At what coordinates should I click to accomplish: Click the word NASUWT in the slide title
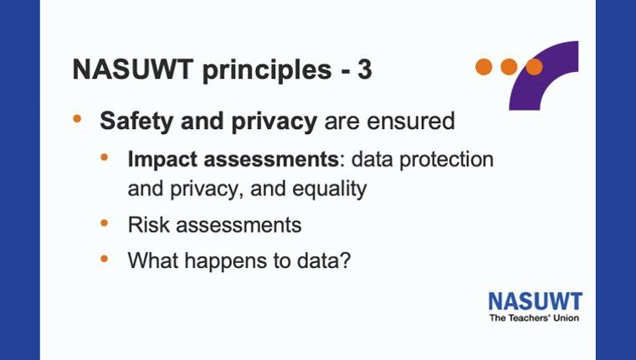132,69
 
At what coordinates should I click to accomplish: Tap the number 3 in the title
365,69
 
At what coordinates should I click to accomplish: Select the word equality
330,189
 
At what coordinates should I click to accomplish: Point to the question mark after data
345,260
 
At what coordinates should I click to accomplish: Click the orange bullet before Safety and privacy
77,119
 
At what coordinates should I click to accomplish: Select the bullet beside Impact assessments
105,157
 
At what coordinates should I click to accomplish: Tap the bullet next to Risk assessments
105,223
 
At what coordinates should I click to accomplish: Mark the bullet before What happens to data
105,258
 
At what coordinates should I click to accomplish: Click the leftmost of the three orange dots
484,67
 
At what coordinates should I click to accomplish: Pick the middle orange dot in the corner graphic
509,67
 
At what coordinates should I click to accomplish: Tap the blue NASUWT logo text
536,302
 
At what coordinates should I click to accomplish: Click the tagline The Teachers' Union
534,318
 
